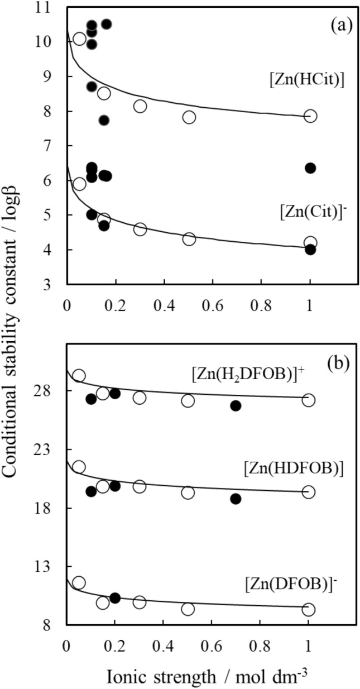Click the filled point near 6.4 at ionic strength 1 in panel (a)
[x=310, y=168]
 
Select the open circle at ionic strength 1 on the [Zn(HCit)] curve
[x=310, y=116]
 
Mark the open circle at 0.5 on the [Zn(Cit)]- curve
[x=189, y=239]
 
